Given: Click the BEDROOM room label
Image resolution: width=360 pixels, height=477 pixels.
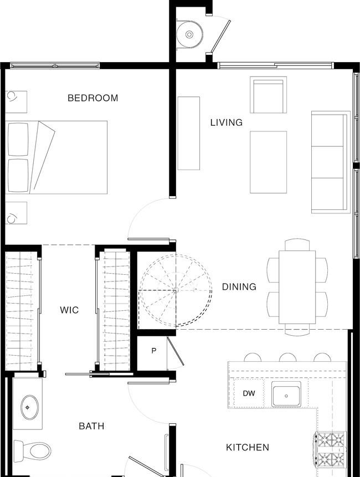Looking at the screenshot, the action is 92,98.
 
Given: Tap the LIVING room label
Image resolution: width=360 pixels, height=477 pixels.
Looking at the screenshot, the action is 227,122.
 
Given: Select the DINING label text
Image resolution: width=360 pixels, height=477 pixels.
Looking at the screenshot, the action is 239,287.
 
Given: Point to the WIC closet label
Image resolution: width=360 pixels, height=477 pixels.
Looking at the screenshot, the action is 69,310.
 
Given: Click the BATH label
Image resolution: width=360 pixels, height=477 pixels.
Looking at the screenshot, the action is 91,426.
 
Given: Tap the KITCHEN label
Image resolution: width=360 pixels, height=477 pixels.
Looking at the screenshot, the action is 248,448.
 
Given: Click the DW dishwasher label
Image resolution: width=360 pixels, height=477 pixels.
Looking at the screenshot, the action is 249,393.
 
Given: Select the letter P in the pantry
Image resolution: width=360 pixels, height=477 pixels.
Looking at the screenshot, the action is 154,351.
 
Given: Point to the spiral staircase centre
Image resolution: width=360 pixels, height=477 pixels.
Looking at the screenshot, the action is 176,290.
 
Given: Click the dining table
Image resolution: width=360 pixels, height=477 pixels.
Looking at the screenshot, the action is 297,287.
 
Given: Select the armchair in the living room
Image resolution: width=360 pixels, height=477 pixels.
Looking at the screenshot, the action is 269,95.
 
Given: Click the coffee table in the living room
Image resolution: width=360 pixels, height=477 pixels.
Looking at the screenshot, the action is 268,162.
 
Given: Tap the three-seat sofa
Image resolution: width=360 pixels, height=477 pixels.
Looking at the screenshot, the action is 331,162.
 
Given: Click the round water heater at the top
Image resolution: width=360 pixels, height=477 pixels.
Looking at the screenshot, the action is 189,34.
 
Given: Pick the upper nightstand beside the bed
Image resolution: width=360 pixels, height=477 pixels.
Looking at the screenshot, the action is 16,102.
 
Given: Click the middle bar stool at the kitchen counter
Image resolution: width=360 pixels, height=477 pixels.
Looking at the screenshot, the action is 287,357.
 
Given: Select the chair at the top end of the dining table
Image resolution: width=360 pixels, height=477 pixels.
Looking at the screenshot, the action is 297,245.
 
